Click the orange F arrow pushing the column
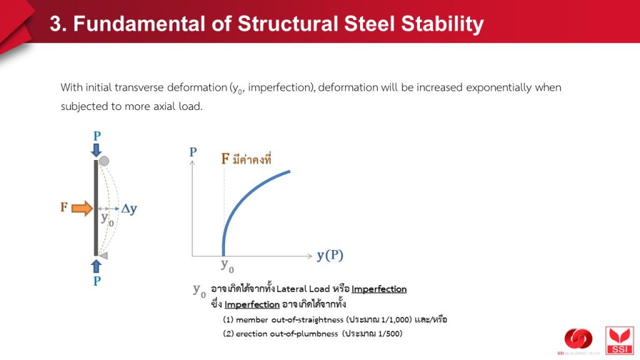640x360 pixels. [82, 208]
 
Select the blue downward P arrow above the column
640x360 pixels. [96, 150]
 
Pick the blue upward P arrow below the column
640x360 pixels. [96, 266]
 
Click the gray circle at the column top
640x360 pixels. [104, 161]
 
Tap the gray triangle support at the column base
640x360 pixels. [103, 256]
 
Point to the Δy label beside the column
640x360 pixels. [129, 209]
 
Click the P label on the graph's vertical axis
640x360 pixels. [193, 152]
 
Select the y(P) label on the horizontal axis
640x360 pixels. [330, 256]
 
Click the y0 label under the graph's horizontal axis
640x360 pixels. [227, 266]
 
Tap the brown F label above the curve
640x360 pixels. [225, 158]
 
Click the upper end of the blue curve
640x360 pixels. [290, 171]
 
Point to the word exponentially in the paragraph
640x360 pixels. [498, 87]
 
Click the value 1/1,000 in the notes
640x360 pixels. [395, 319]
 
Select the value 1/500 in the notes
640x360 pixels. [388, 334]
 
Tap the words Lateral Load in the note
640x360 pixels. [303, 289]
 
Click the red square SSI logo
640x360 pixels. [619, 341]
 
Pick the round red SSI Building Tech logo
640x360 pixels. [578, 339]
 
